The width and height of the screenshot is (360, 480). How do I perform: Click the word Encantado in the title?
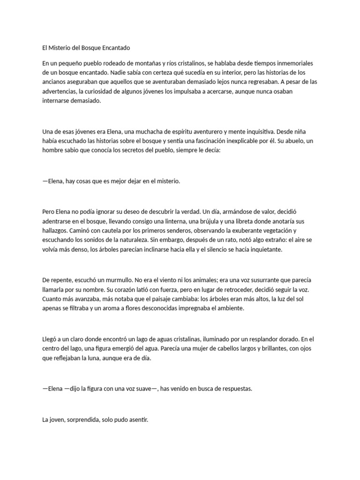(x=114, y=48)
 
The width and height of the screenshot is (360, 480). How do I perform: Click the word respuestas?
(x=230, y=389)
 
